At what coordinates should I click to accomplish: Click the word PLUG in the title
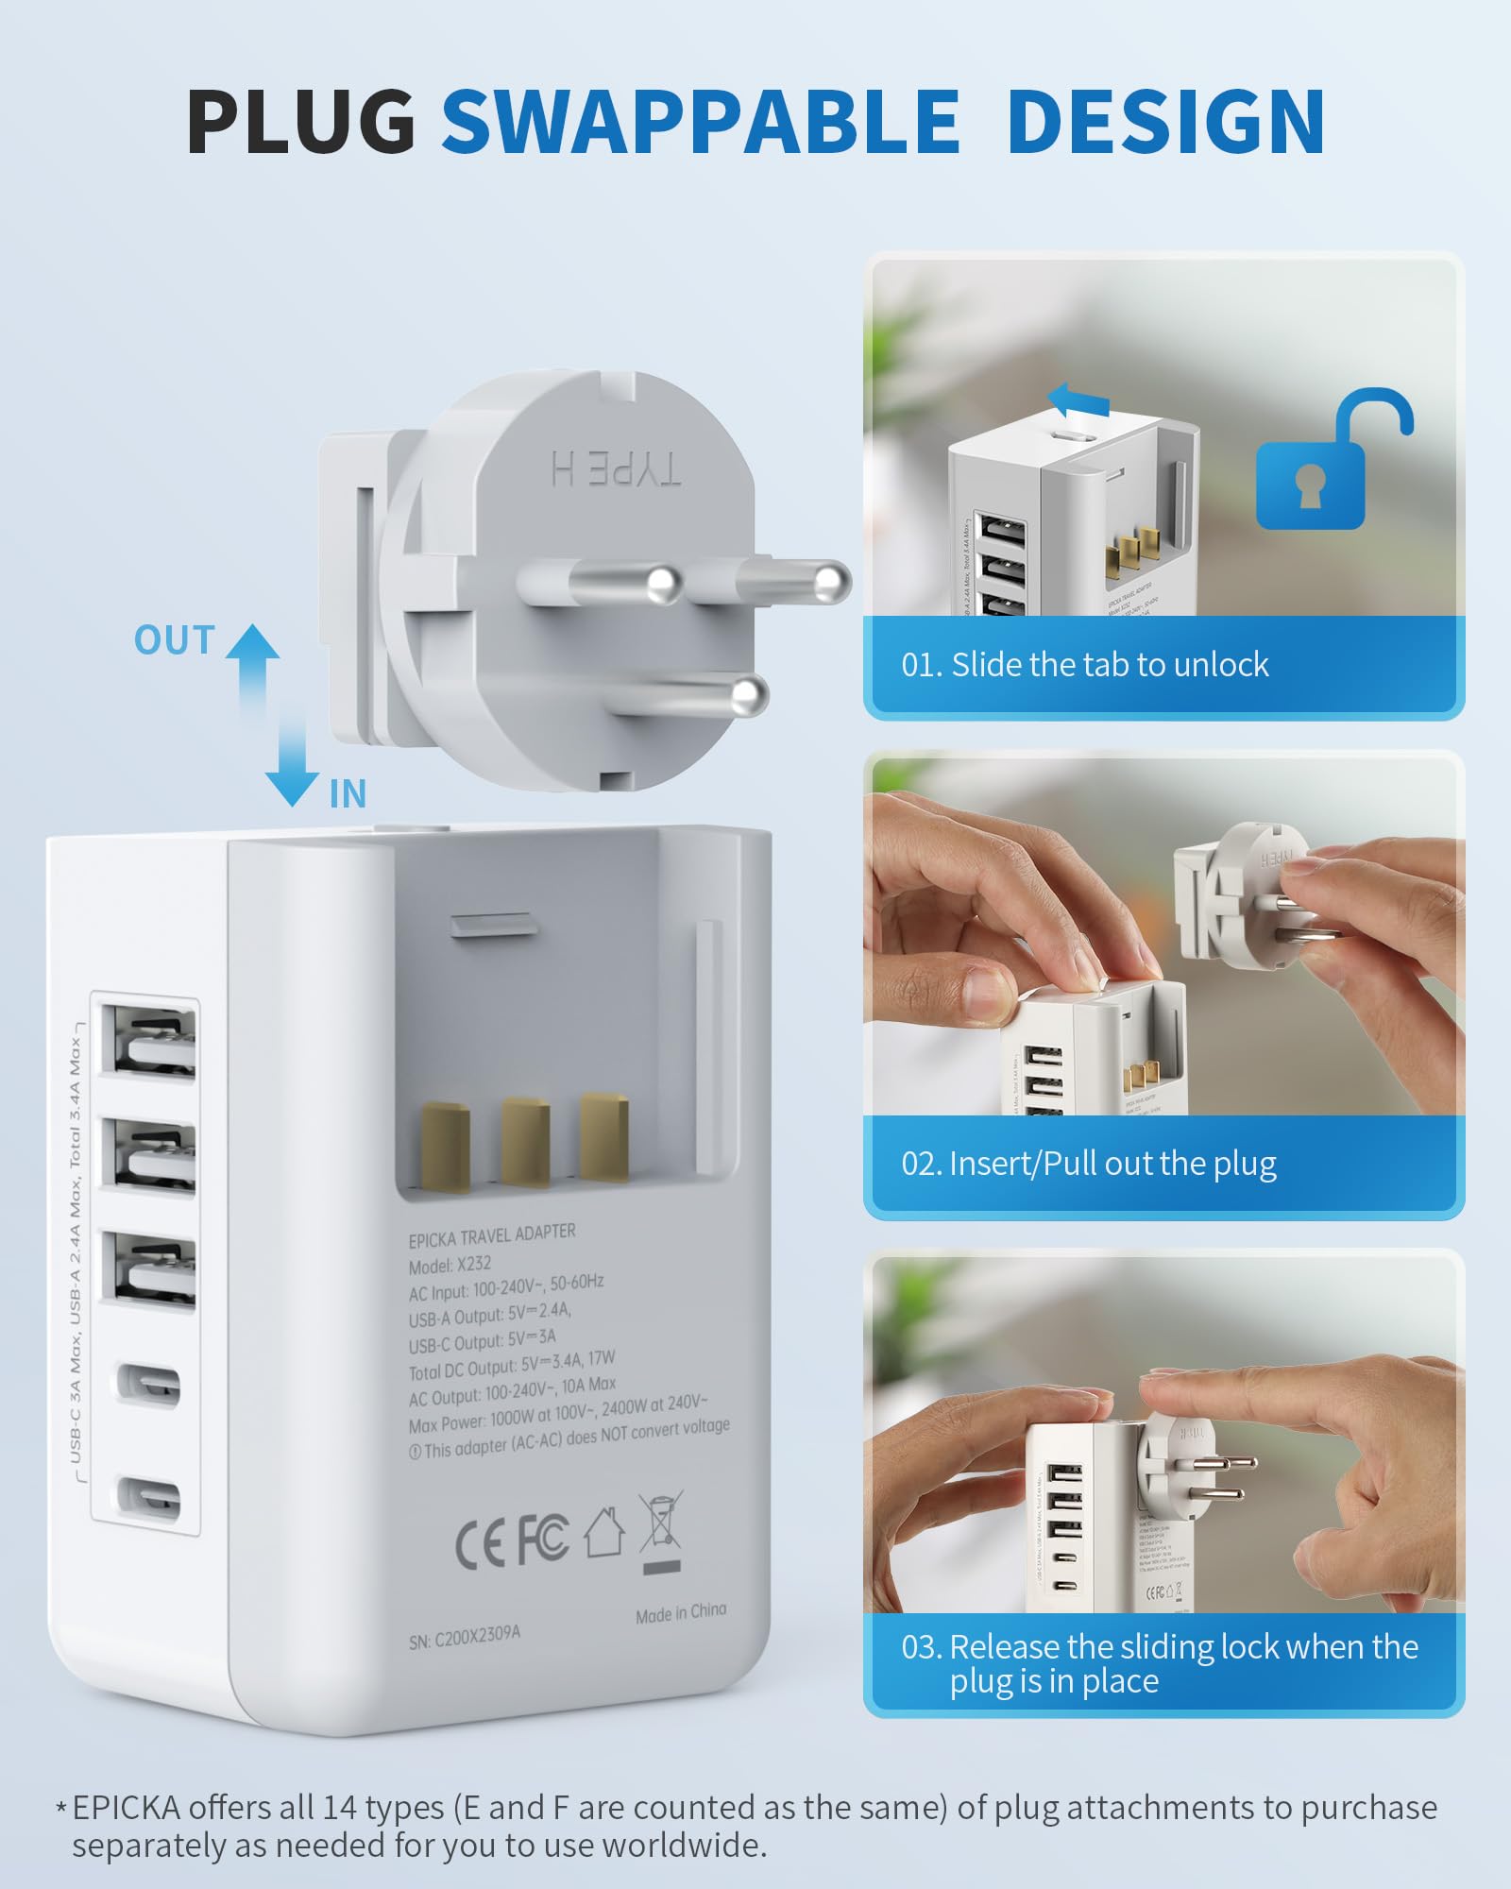[301, 122]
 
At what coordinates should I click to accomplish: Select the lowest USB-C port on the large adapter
[149, 1495]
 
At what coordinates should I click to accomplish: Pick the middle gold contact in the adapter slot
[525, 1141]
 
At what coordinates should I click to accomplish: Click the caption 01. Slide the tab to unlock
[1084, 665]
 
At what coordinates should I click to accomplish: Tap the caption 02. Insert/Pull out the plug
[1088, 1164]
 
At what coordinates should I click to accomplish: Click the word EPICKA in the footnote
[126, 1807]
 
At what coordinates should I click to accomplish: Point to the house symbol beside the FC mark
[604, 1532]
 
